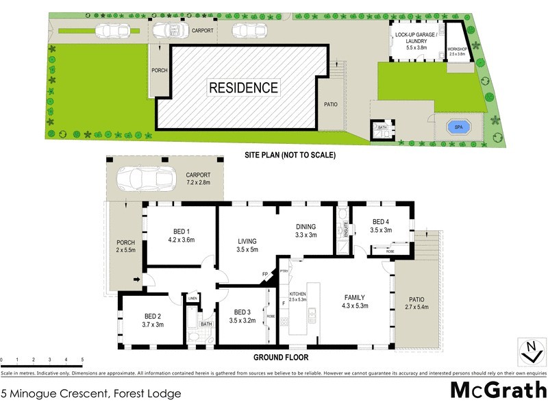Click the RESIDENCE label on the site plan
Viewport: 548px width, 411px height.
[243, 88]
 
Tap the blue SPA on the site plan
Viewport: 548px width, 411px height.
[455, 127]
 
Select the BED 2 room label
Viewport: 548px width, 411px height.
[152, 320]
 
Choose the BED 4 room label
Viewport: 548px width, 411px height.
[381, 226]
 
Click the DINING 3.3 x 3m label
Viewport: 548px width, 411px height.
[306, 231]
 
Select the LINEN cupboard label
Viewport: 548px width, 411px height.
[192, 298]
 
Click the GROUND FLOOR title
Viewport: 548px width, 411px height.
[281, 358]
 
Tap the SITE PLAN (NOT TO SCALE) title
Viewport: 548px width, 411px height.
[290, 155]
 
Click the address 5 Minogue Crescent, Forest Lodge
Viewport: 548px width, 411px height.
[91, 394]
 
